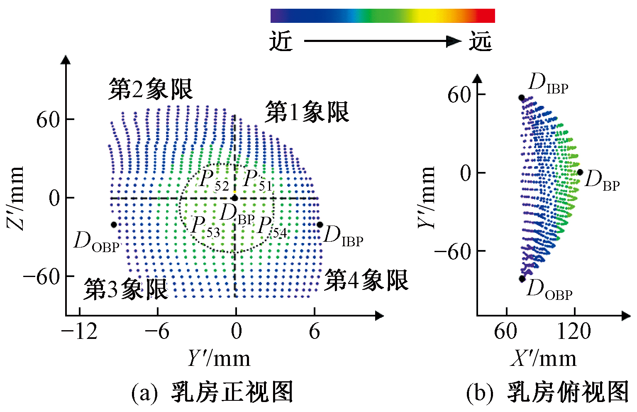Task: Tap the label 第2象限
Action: point(151,89)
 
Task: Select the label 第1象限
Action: point(307,112)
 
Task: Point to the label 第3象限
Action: point(126,289)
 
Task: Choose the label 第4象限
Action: point(366,280)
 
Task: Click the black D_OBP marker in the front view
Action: point(114,225)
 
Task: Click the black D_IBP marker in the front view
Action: point(320,225)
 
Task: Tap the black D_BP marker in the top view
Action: point(580,172)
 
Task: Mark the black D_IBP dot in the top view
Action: point(522,98)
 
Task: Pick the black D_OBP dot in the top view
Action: point(522,279)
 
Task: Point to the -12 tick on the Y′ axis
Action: point(79,331)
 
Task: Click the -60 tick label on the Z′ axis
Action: point(41,276)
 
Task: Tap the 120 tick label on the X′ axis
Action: point(574,331)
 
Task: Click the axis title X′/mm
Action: point(543,358)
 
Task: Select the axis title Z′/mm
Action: point(16,198)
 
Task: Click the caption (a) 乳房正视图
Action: point(212,392)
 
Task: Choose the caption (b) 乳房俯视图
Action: point(548,392)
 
